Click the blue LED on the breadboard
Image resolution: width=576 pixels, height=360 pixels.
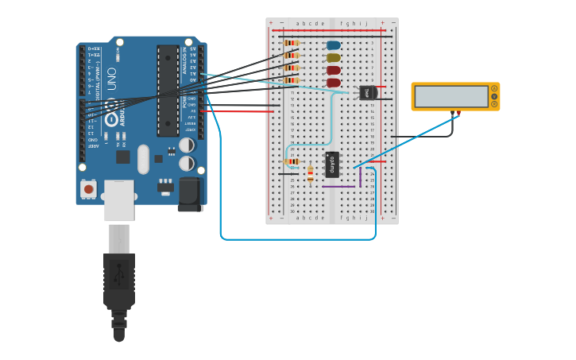pyautogui.click(x=334, y=45)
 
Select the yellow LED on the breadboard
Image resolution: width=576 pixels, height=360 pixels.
pyautogui.click(x=334, y=57)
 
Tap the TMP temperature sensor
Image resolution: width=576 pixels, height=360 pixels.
pyautogui.click(x=367, y=93)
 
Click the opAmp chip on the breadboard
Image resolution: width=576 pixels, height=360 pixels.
pyautogui.click(x=332, y=164)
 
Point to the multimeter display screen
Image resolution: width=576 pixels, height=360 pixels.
pyautogui.click(x=451, y=96)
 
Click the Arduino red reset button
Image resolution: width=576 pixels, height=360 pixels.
pyautogui.click(x=88, y=189)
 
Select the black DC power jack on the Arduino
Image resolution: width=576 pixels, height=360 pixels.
pyautogui.click(x=191, y=194)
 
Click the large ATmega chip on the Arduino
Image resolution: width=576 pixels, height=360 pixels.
pyautogui.click(x=168, y=91)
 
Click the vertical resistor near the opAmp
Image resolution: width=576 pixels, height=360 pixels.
pyautogui.click(x=310, y=173)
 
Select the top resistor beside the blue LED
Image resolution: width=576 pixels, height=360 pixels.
pyautogui.click(x=292, y=43)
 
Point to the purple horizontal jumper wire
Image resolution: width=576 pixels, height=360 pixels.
pyautogui.click(x=339, y=187)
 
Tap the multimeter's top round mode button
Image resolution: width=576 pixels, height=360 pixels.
pyautogui.click(x=494, y=88)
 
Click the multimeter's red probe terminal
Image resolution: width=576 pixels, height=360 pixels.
pyautogui.click(x=458, y=113)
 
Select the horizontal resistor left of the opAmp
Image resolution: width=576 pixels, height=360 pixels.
pyautogui.click(x=292, y=161)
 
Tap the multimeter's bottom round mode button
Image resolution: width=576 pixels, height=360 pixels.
pyautogui.click(x=494, y=104)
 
